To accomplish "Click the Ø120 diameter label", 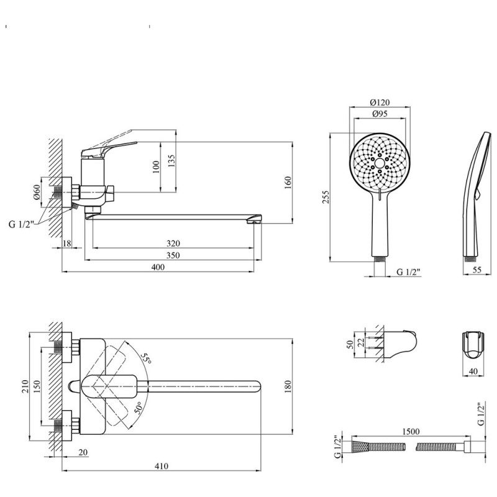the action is tap(380, 103).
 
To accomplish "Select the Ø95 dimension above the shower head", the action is tap(380, 114).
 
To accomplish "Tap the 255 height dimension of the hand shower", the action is tap(326, 197).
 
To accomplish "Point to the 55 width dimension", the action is tap(476, 270).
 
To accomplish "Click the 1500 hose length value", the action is tap(411, 431).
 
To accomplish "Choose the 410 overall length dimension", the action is tap(162, 466).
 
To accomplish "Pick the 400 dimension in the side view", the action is tap(158, 267).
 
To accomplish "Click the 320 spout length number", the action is tap(173, 244).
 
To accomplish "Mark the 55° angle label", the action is tap(146, 358).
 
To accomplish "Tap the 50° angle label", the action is tap(138, 408).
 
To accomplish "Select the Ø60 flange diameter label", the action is tap(37, 192).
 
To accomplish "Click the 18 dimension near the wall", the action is tap(67, 244).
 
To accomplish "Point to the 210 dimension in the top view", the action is tap(25, 386).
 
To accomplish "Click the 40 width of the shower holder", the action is tap(473, 371).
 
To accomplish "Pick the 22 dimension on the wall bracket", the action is tap(360, 343).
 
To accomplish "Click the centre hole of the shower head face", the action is tap(380, 163).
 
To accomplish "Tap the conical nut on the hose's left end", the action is tap(360, 447).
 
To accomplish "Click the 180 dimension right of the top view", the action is tap(288, 386).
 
